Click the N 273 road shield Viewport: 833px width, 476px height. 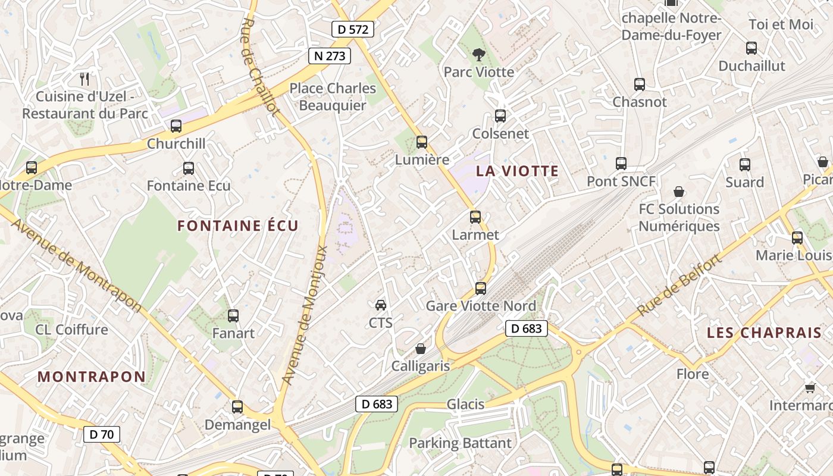click(330, 56)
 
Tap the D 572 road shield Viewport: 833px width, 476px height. click(353, 29)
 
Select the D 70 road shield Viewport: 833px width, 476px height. click(101, 434)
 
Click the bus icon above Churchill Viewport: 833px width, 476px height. click(176, 126)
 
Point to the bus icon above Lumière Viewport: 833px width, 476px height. click(422, 142)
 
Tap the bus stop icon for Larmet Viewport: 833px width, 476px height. click(475, 217)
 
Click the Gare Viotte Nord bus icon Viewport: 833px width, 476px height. click(481, 289)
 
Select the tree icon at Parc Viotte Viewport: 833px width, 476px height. click(478, 55)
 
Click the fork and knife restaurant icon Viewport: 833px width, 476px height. click(84, 78)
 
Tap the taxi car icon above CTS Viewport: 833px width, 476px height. click(381, 305)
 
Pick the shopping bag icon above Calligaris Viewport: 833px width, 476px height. click(421, 349)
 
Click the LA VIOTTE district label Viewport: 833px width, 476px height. click(517, 171)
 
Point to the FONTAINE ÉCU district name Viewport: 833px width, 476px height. click(238, 226)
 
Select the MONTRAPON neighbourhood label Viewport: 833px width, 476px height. click(92, 377)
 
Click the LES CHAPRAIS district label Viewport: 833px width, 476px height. click(764, 333)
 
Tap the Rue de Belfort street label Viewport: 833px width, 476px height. click(679, 286)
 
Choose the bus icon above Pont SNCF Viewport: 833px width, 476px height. click(621, 163)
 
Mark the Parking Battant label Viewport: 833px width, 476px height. click(460, 443)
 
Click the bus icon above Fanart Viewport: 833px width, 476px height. click(233, 316)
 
